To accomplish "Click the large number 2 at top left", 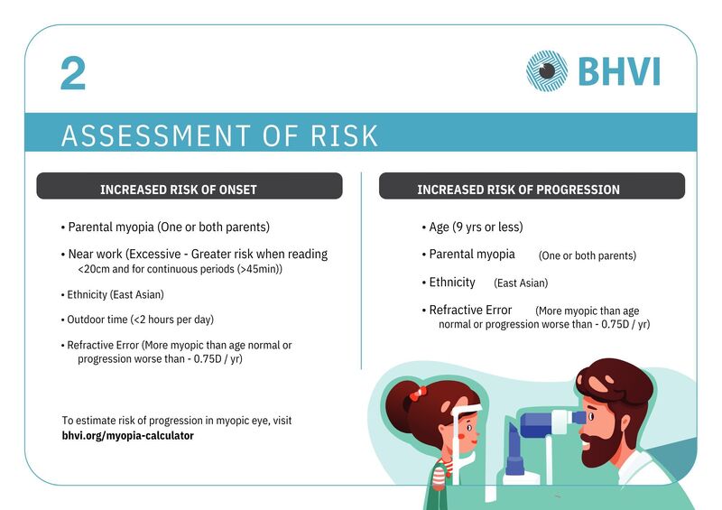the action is [x=73, y=73].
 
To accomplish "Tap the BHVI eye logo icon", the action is [x=547, y=71].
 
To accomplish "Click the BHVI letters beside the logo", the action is [x=619, y=71].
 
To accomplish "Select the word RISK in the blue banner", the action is [x=344, y=135].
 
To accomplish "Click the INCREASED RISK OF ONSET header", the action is [x=178, y=190].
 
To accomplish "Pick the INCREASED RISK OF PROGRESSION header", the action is [x=518, y=190].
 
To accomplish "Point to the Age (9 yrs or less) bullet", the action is [x=472, y=227].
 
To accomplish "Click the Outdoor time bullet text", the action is [x=137, y=320].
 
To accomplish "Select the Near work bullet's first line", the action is [x=194, y=254].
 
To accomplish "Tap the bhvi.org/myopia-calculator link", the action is [x=127, y=435].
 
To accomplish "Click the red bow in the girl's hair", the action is [x=418, y=393].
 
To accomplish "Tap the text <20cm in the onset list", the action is [x=94, y=269].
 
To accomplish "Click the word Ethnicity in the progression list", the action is [x=452, y=282].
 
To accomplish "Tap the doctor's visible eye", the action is [x=591, y=417].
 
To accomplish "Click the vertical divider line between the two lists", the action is [x=362, y=271].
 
